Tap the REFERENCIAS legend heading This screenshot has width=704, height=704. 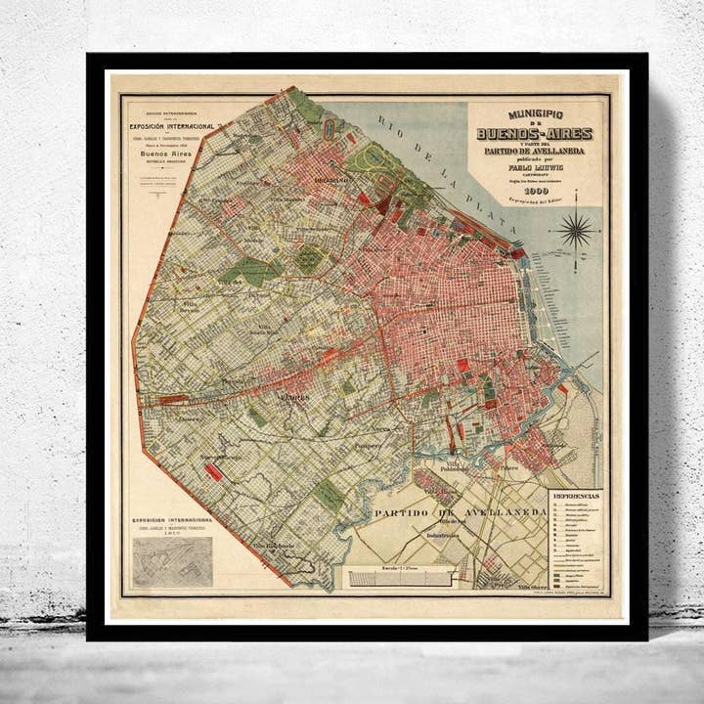pos(576,497)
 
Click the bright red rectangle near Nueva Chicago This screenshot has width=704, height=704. pos(214,471)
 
